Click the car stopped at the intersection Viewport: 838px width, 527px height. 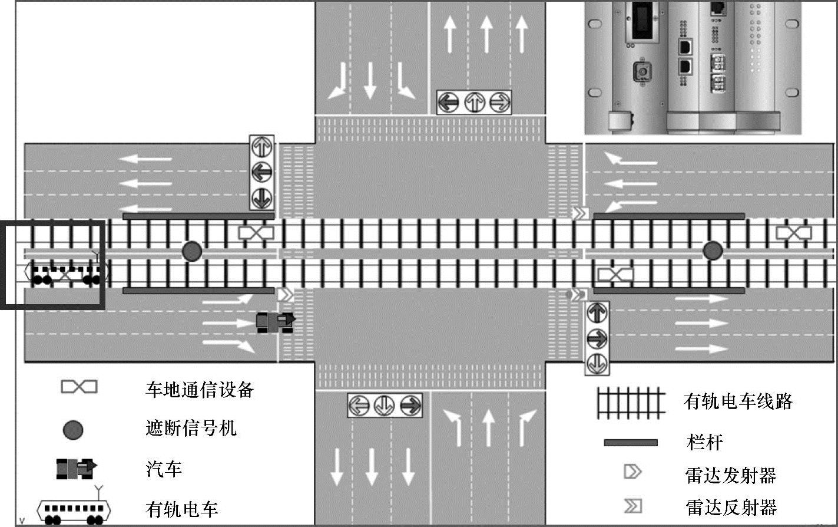tap(275, 321)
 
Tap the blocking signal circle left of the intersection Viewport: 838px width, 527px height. tap(191, 251)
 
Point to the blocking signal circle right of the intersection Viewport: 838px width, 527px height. tap(713, 251)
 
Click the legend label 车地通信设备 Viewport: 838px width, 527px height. tap(199, 390)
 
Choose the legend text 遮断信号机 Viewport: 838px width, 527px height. tap(191, 428)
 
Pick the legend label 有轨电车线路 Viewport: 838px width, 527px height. tap(738, 401)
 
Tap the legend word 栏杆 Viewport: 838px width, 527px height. tap(704, 442)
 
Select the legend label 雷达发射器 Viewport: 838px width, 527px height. tap(730, 475)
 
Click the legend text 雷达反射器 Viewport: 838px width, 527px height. tap(730, 507)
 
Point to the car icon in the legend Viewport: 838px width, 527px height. tap(76, 468)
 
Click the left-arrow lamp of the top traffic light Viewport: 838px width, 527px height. tap(448, 103)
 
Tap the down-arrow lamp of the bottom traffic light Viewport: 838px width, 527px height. tap(385, 406)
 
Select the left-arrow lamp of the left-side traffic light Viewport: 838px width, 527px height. tap(261, 173)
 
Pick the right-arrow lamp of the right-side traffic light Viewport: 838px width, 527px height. tap(597, 338)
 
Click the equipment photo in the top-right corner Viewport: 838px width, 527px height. tap(693, 67)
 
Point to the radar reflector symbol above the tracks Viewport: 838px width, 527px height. tap(581, 213)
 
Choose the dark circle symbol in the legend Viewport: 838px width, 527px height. tap(73, 430)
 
